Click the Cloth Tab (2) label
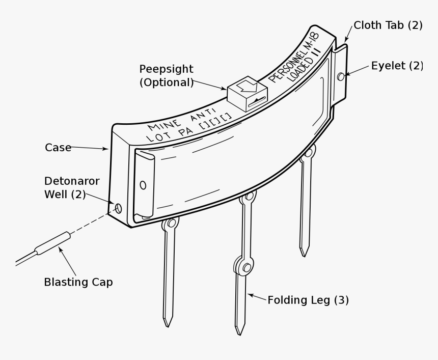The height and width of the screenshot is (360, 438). coord(388,25)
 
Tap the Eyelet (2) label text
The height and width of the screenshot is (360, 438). coord(397,66)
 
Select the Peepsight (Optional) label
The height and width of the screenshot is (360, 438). coord(167,75)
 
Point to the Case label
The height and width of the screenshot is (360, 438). coord(58,147)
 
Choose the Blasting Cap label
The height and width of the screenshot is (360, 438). coord(78,282)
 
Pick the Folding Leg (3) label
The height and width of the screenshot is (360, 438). coord(308,300)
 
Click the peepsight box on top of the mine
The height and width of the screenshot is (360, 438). coord(247,95)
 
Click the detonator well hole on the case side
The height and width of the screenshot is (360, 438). coord(118,208)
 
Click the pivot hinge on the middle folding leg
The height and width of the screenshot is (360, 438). coord(247,267)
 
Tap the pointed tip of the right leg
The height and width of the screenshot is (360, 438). coord(304,253)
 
